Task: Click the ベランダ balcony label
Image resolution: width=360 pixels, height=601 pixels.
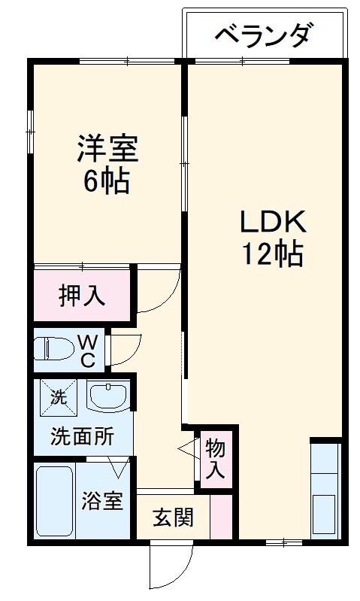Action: click(264, 35)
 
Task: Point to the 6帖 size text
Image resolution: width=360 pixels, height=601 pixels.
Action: click(106, 181)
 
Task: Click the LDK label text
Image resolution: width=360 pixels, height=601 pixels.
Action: click(272, 223)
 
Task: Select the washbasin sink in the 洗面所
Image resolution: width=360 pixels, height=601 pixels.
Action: click(107, 396)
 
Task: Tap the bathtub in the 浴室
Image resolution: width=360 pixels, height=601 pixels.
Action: click(53, 500)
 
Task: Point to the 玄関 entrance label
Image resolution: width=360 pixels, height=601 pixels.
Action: click(174, 518)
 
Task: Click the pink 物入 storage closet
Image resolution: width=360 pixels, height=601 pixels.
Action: click(215, 459)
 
